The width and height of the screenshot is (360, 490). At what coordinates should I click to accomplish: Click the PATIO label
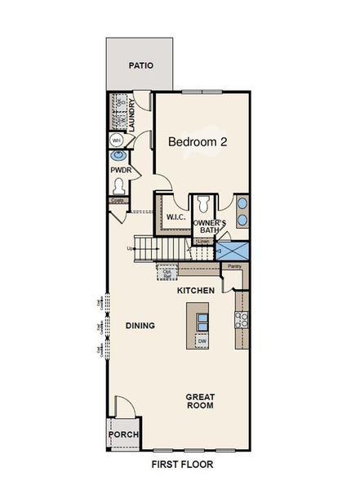tap(141, 65)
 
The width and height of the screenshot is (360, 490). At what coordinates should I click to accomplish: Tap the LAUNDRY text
tap(131, 114)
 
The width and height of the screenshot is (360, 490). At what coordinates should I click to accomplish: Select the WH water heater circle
tap(116, 140)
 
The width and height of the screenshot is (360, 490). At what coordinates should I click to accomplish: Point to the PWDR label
tap(121, 171)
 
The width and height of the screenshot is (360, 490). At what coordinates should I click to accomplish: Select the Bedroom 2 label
tap(197, 141)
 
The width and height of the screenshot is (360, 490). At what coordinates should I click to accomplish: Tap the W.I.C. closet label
tap(176, 218)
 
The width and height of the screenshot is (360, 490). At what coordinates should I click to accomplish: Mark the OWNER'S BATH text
tap(209, 227)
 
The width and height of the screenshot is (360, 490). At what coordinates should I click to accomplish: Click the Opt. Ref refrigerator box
tap(167, 275)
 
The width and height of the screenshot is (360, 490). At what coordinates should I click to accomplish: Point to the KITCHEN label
tap(196, 291)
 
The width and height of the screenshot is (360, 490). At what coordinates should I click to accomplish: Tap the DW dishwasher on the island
tap(202, 341)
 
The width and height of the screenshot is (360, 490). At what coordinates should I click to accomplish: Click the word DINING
tap(140, 325)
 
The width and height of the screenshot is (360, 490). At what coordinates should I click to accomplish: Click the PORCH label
tap(123, 434)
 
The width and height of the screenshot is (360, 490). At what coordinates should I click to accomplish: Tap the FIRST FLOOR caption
tap(182, 465)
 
